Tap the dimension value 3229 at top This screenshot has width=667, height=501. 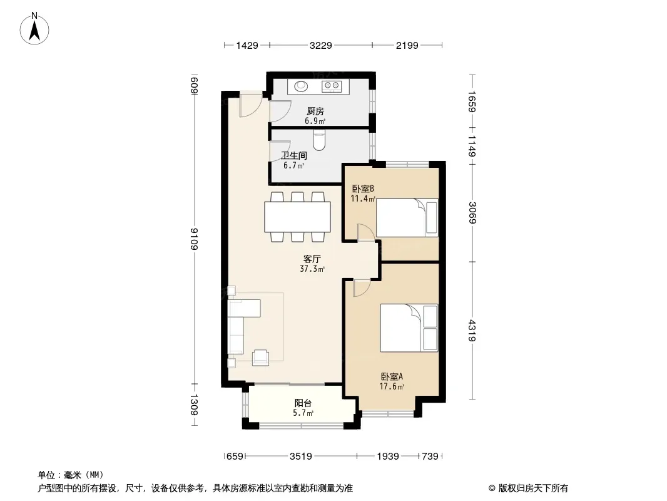pos(320,46)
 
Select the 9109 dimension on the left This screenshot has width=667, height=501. pos(195,239)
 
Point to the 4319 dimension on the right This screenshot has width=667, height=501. pos(472,331)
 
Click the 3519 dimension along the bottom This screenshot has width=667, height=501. pos(301,457)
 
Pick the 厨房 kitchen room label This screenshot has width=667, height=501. pos(315,111)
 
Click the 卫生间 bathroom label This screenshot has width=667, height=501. pos(293,155)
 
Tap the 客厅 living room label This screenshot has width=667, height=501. pos(312,259)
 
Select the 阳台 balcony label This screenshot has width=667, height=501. pos(303,403)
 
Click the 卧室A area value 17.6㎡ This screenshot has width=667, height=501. pos(391,386)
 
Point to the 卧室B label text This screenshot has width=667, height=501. pos(363,188)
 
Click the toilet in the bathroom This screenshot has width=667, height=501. pos(319,140)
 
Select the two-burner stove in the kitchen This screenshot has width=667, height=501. pos(332,86)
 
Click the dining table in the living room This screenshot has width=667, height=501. pos(297,217)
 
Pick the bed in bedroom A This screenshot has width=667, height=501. pos(409,328)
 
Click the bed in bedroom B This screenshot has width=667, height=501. pos(407,217)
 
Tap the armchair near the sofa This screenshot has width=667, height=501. pos(260,358)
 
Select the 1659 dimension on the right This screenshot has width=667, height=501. pos(472,101)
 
